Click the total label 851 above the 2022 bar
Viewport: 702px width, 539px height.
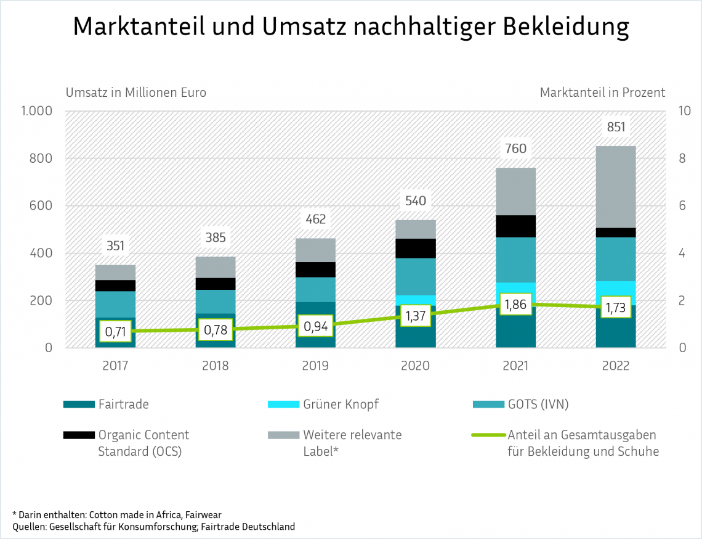[x=616, y=128]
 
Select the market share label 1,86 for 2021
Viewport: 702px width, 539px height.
[x=515, y=305]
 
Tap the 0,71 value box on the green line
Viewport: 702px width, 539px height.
[x=115, y=332]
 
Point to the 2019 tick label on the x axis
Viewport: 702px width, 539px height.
[x=315, y=366]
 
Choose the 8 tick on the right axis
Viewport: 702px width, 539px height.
[x=682, y=158]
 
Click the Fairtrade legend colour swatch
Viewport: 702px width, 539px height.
[x=78, y=405]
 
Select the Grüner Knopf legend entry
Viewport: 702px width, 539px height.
[x=341, y=405]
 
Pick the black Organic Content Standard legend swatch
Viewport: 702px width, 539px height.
[x=78, y=435]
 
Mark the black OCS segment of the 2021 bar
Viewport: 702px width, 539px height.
[x=515, y=226]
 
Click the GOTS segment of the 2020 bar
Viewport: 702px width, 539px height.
[x=416, y=276]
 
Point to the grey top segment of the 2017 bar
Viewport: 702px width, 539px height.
[x=115, y=272]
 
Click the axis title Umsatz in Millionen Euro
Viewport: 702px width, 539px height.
[x=136, y=93]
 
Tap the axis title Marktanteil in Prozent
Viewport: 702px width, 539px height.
[x=602, y=93]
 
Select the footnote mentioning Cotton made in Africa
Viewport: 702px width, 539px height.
[x=117, y=514]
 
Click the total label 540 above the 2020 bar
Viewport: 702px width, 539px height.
[x=416, y=201]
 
